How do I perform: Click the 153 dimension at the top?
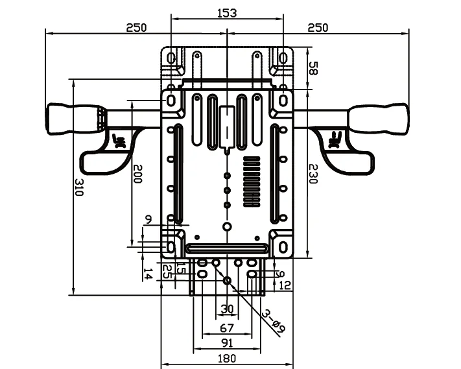click(227, 13)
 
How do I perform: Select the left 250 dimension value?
click(136, 28)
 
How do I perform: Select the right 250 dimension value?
click(318, 28)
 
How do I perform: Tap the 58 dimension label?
click(313, 68)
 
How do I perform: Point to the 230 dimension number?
click(313, 174)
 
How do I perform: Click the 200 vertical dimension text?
click(137, 174)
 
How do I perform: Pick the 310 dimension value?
click(79, 187)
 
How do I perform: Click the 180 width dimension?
click(227, 359)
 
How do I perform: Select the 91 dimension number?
click(227, 343)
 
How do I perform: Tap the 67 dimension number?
click(227, 328)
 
